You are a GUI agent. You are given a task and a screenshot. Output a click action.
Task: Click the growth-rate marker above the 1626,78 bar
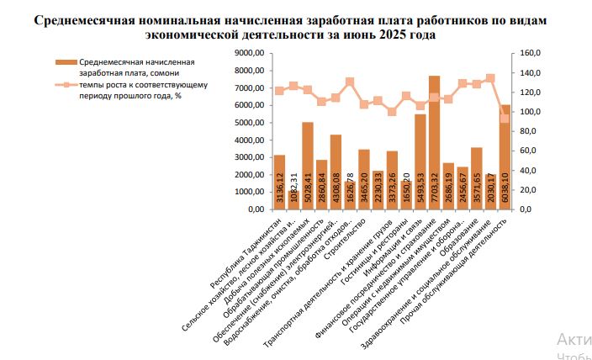350,82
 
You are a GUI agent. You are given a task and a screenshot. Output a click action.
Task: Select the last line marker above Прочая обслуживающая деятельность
505,119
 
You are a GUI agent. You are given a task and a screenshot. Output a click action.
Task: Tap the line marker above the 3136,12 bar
279,91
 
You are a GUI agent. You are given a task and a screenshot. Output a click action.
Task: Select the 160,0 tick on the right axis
530,53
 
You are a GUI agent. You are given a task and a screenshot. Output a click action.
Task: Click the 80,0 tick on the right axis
528,131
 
